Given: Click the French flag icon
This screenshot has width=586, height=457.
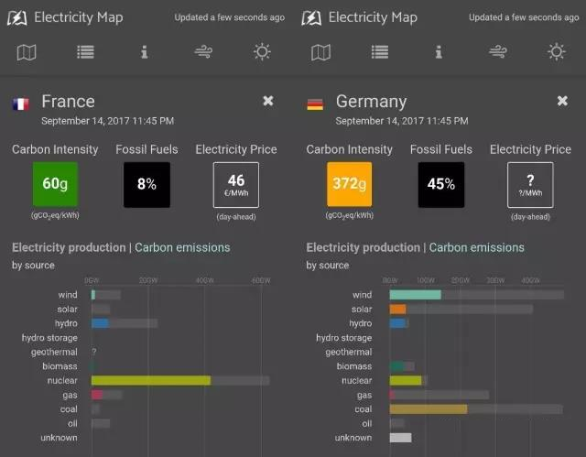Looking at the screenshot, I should pyautogui.click(x=20, y=103).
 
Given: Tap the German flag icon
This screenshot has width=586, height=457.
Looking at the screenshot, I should pyautogui.click(x=314, y=103).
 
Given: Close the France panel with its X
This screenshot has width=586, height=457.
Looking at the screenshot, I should pyautogui.click(x=268, y=101).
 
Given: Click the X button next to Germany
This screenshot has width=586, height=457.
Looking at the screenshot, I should pyautogui.click(x=562, y=101).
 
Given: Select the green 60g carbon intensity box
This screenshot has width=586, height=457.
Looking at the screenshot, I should pyautogui.click(x=56, y=184).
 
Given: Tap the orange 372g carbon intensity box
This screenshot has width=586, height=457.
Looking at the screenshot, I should pyautogui.click(x=350, y=184).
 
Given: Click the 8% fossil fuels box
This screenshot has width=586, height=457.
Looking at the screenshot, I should pyautogui.click(x=146, y=184).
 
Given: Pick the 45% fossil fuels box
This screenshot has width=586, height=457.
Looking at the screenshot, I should pyautogui.click(x=440, y=184).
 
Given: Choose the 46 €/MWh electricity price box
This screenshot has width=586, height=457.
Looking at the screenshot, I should pyautogui.click(x=235, y=184).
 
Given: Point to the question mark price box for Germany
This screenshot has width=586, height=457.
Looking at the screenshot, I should pyautogui.click(x=530, y=184).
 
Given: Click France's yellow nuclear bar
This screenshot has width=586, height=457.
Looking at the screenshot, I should pyautogui.click(x=151, y=380).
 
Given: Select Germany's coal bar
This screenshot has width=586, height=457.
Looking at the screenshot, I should pyautogui.click(x=429, y=408).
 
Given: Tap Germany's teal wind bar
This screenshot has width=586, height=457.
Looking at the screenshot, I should pyautogui.click(x=415, y=295).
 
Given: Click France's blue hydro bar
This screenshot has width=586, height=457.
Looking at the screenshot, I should pyautogui.click(x=100, y=323).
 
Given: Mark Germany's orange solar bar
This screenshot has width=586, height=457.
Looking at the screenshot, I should pyautogui.click(x=397, y=310).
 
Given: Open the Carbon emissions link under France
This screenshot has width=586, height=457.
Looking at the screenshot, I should pyautogui.click(x=182, y=247).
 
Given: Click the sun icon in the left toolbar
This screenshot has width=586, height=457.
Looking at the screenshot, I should pyautogui.click(x=263, y=52).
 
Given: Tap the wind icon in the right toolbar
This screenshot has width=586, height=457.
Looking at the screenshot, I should pyautogui.click(x=498, y=52).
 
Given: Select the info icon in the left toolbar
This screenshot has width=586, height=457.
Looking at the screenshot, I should pyautogui.click(x=145, y=52).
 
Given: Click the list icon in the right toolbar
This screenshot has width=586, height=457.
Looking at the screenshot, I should pyautogui.click(x=380, y=52).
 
